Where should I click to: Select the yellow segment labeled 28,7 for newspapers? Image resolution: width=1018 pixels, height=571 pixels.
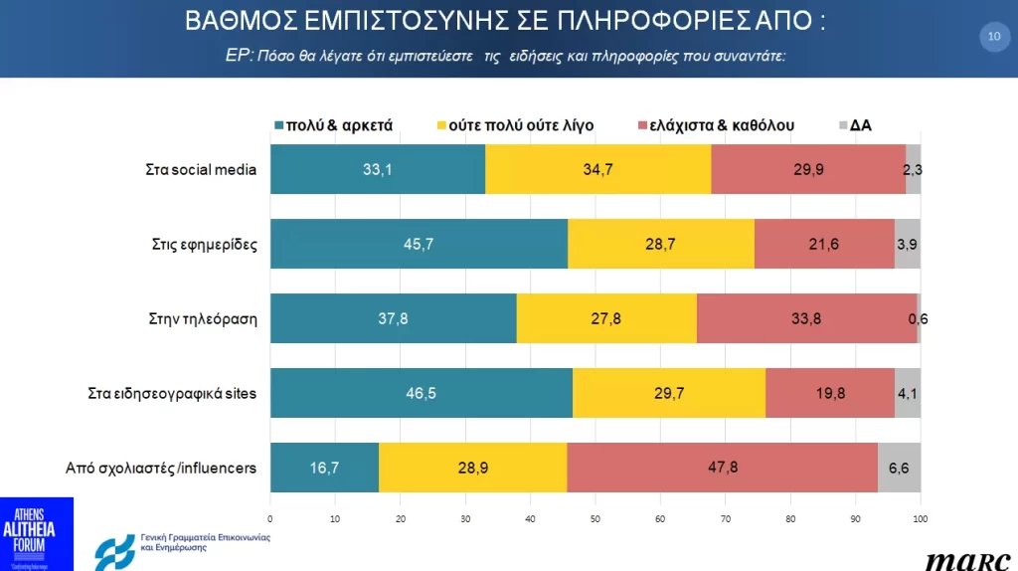point(661,244)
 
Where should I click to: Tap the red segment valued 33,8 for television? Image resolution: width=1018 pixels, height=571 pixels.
point(806,318)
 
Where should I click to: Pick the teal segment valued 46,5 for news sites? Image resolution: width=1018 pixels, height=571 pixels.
point(422,393)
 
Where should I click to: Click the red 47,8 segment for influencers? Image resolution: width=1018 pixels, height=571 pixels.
point(722,468)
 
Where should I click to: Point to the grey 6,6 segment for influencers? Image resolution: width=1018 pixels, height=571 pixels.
point(899,468)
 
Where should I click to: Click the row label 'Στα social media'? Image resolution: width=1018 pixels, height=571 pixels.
point(201,169)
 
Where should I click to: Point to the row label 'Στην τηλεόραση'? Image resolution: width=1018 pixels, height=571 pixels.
point(202,318)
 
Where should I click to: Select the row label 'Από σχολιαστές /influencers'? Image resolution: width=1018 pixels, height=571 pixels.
point(162,468)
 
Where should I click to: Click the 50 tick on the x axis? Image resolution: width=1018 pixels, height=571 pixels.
point(595,518)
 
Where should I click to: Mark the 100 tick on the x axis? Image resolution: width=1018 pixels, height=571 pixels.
point(921,518)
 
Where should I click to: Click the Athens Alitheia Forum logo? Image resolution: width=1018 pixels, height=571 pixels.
point(37,533)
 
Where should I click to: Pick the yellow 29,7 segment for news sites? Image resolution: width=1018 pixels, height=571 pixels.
point(669,393)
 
